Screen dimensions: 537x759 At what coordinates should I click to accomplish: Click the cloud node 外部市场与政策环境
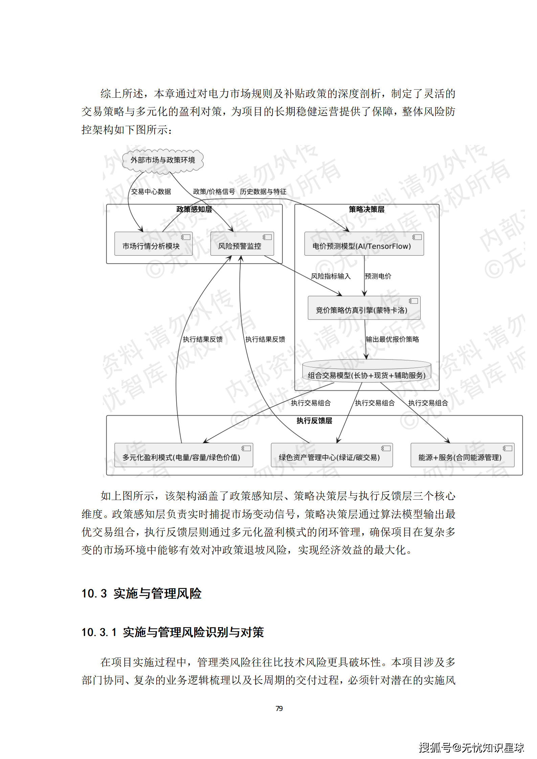(163, 160)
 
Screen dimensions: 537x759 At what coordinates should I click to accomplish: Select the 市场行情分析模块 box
(153, 244)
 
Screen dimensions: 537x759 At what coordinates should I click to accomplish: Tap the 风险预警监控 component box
(242, 244)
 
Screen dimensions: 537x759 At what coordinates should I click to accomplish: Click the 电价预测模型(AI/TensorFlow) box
(364, 244)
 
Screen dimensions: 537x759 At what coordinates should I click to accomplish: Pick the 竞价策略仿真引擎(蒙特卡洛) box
(364, 308)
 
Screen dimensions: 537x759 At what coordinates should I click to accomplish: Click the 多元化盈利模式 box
(183, 455)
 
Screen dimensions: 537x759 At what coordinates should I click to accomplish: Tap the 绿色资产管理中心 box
(332, 455)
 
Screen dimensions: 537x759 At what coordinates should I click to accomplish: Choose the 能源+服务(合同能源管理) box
(462, 455)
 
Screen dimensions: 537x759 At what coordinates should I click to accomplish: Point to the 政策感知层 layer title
(194, 209)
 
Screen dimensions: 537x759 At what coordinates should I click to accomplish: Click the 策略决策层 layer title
(366, 209)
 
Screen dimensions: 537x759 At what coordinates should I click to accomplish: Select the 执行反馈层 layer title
(314, 421)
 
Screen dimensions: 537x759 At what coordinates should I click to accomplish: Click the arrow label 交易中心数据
(151, 192)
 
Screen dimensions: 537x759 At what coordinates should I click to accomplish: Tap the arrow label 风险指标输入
(331, 276)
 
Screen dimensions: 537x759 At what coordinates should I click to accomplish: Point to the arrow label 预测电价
(378, 276)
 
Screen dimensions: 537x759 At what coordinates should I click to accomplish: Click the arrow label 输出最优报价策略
(392, 339)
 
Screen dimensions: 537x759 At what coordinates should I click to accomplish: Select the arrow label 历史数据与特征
(263, 192)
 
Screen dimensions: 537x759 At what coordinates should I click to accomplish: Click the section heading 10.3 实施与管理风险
(141, 594)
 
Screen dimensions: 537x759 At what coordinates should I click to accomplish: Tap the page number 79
(279, 708)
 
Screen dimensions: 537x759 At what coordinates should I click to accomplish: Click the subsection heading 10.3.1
(173, 632)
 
